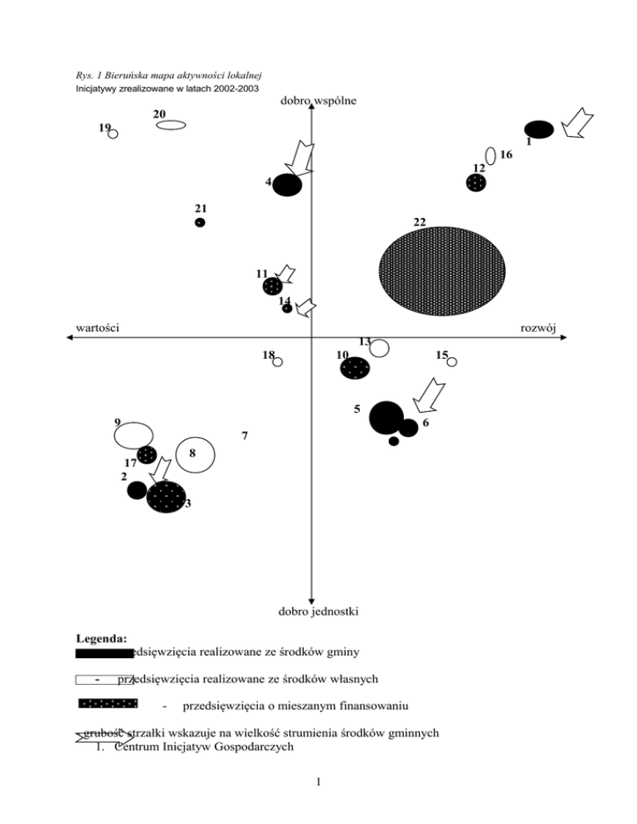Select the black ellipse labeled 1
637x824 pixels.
[x=539, y=129]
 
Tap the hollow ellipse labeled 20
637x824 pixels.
[x=171, y=125]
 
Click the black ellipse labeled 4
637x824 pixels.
[x=287, y=184]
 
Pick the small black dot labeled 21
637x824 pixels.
[x=200, y=222]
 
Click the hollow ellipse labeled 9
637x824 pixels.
[x=134, y=434]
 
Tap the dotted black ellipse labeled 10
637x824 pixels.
[x=355, y=367]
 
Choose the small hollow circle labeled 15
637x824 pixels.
[x=452, y=361]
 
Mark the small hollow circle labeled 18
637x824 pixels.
[x=278, y=361]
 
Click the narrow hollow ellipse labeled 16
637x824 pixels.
[x=490, y=155]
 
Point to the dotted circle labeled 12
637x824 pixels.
[x=476, y=183]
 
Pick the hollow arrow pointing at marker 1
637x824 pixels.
[x=576, y=124]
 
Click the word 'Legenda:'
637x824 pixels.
[x=100, y=638]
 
